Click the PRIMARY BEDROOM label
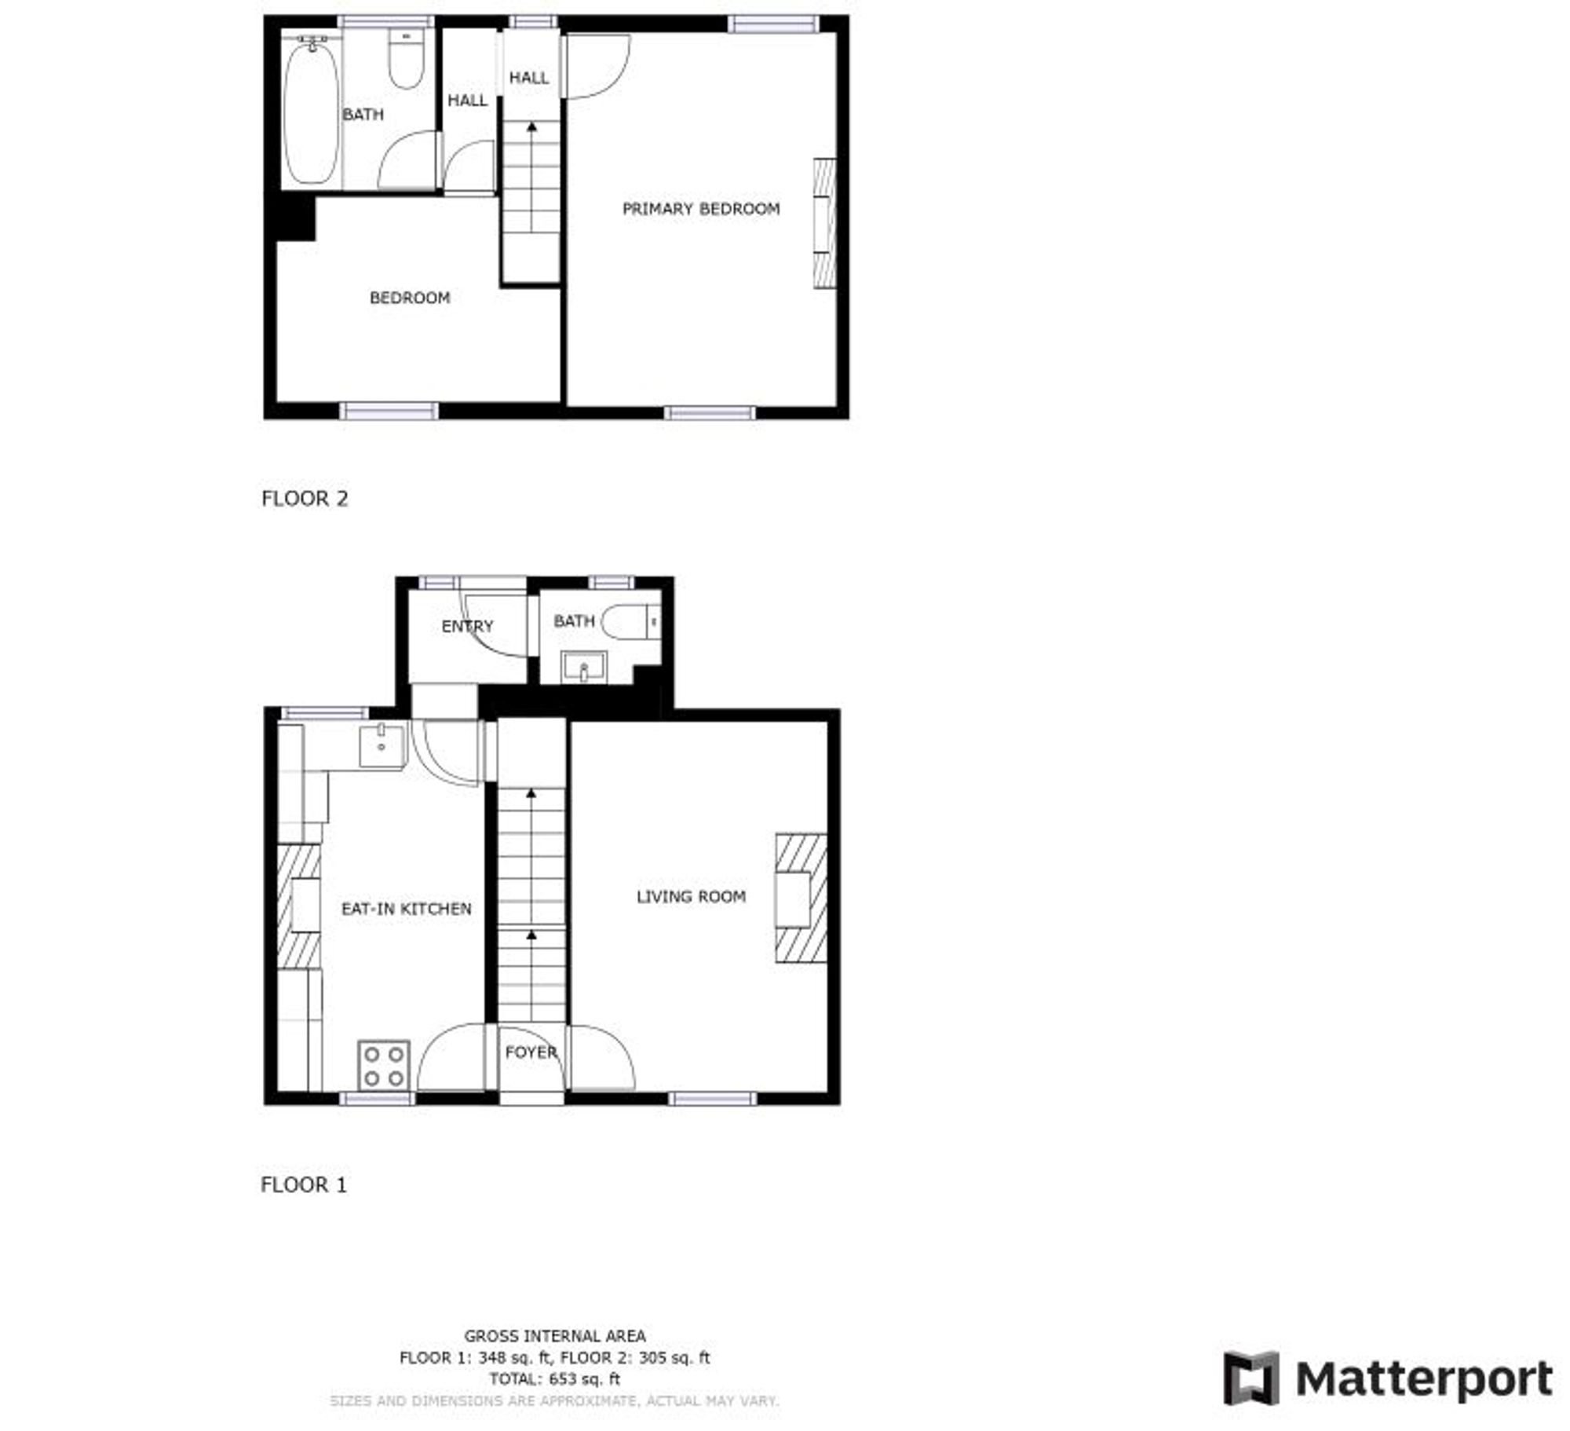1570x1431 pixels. tap(700, 209)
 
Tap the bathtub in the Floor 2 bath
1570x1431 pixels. tap(312, 112)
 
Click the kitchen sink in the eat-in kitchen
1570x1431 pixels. tap(382, 746)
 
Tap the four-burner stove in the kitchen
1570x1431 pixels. tap(384, 1066)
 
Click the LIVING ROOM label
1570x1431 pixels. tap(691, 897)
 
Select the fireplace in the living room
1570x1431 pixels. tap(801, 898)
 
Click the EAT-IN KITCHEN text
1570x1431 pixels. tap(407, 909)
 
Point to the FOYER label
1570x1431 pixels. tap(531, 1052)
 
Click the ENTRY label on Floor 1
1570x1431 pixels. tap(467, 626)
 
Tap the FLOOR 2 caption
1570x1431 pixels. tap(305, 499)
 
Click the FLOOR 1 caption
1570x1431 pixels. tap(304, 1184)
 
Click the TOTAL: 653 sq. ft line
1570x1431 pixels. tap(555, 1378)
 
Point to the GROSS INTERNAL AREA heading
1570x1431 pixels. tap(555, 1335)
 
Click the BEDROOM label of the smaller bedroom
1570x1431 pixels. tap(410, 298)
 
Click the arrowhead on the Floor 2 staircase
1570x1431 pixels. tap(532, 126)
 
